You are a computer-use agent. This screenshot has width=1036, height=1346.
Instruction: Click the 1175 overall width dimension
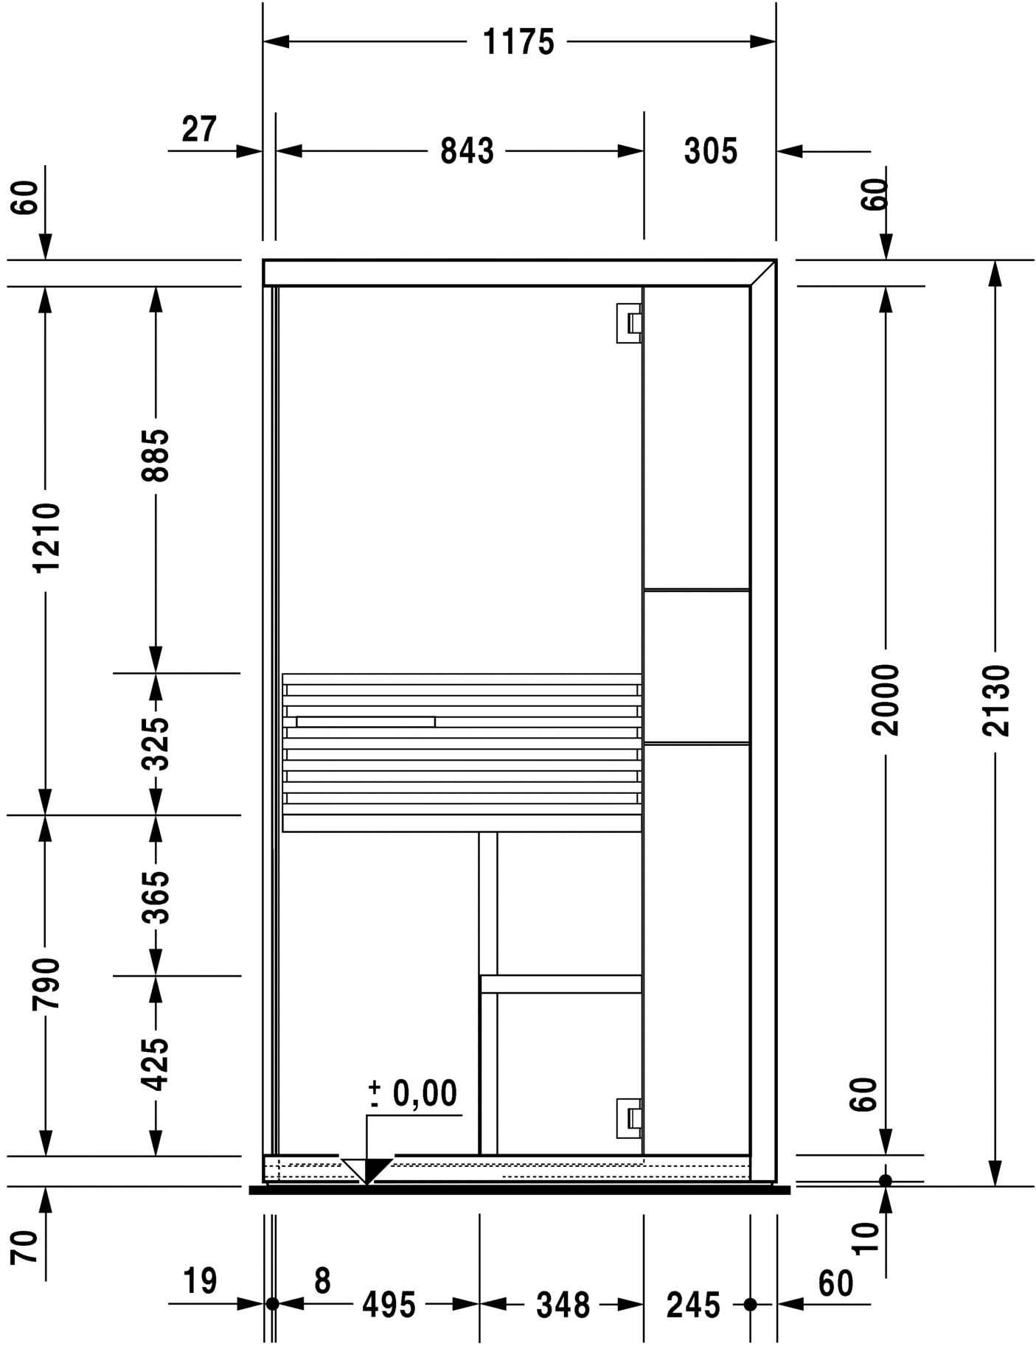tap(518, 42)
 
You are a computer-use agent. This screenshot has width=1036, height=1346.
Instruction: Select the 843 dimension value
tap(467, 151)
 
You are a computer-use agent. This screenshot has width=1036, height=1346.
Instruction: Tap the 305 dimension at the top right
tap(710, 151)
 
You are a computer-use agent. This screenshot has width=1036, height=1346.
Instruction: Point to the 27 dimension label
tap(199, 130)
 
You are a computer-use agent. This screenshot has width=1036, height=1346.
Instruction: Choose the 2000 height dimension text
tap(886, 700)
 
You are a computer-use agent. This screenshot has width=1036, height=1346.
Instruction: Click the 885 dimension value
tap(156, 456)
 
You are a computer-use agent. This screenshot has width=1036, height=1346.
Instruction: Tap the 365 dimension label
tap(156, 897)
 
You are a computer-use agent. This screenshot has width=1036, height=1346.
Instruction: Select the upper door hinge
tap(629, 323)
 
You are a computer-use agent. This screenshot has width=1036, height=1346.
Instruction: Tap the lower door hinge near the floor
tap(629, 1118)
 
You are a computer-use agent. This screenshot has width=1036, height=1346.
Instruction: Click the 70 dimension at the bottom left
tap(26, 1246)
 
